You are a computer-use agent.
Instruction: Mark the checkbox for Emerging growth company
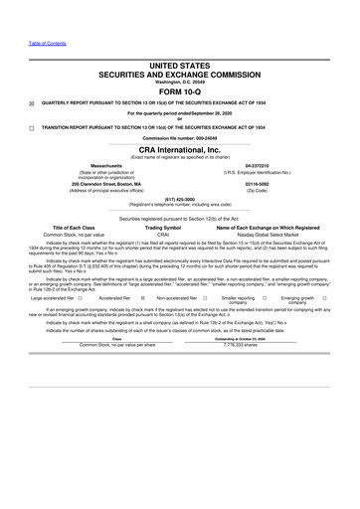[324, 296]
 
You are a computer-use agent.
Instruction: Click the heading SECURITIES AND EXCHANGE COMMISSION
[180, 74]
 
